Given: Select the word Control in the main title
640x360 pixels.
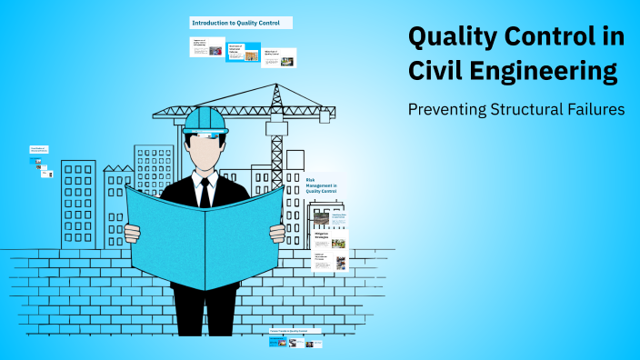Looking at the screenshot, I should coord(561,37).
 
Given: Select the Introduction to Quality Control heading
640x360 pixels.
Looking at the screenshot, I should coord(241,22).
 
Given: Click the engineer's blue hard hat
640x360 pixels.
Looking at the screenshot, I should coord(205,120).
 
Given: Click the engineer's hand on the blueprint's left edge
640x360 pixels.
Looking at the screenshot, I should coord(133,233).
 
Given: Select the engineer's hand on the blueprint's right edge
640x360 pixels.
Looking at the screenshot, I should coord(277,233).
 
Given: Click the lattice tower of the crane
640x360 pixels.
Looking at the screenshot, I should coord(276,136).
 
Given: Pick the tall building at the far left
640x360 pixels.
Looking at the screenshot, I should coord(78,205).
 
